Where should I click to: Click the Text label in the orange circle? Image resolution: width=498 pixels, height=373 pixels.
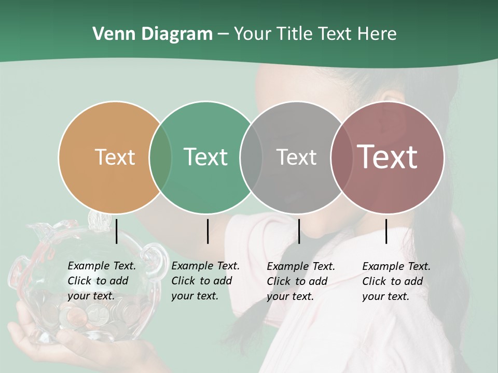click(x=115, y=157)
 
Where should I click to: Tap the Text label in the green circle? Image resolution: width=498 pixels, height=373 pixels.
click(x=205, y=157)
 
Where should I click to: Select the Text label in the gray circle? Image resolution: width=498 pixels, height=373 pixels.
click(x=296, y=157)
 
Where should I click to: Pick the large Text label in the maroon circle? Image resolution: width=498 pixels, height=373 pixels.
click(x=388, y=157)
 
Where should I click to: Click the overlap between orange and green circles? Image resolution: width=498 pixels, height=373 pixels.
click(x=160, y=157)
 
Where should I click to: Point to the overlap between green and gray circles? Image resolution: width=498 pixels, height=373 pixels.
click(x=251, y=157)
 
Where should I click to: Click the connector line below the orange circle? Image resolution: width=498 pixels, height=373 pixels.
click(x=116, y=231)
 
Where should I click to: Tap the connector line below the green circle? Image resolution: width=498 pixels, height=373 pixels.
click(x=208, y=231)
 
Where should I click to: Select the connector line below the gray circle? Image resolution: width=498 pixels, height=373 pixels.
click(x=299, y=231)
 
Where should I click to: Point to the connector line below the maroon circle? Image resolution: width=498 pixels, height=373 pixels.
click(x=386, y=231)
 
